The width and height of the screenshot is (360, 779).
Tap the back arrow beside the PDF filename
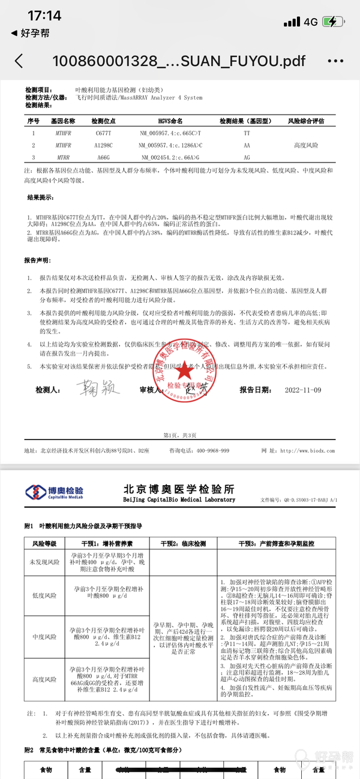[x=19, y=61]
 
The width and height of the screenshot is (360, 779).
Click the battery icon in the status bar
[x=334, y=22]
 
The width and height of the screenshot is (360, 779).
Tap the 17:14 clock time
[x=44, y=16]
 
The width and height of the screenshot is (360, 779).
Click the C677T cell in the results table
[x=104, y=133]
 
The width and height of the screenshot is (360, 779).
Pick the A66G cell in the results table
[x=104, y=157]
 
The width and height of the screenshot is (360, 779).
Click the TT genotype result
[x=247, y=133]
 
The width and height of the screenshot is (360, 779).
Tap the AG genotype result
[x=247, y=157]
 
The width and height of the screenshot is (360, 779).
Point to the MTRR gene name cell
[x=63, y=157]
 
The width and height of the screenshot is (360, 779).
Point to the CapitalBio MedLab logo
[x=55, y=492]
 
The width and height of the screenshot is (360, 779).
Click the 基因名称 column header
[x=63, y=121]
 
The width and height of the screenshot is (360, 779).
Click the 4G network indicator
[x=310, y=22]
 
